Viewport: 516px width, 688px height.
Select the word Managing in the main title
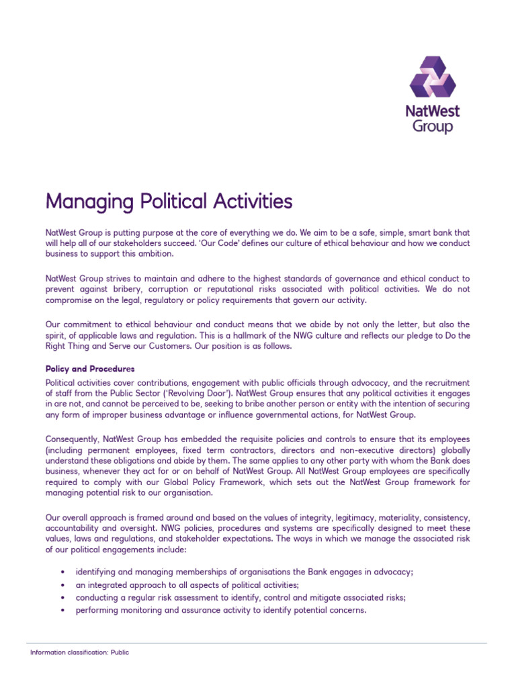click(x=86, y=202)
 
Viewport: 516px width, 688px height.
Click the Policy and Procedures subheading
click(x=90, y=369)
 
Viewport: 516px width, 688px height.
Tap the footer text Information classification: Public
click(x=80, y=652)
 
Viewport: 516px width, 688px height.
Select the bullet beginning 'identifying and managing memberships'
click(x=244, y=571)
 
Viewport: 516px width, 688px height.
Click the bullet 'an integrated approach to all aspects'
click(x=178, y=585)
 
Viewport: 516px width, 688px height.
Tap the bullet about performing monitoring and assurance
click(x=220, y=610)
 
